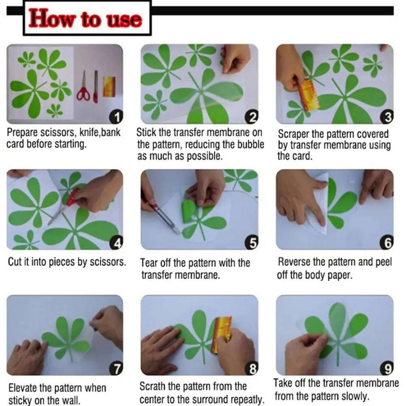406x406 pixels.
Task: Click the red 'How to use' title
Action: (x=85, y=18)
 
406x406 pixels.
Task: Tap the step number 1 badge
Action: (x=116, y=117)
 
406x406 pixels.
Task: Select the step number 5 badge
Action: (x=251, y=243)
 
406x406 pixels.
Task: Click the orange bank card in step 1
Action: (x=109, y=86)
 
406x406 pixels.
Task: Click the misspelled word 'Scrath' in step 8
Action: (x=152, y=386)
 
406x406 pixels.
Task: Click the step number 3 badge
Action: (x=387, y=117)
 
